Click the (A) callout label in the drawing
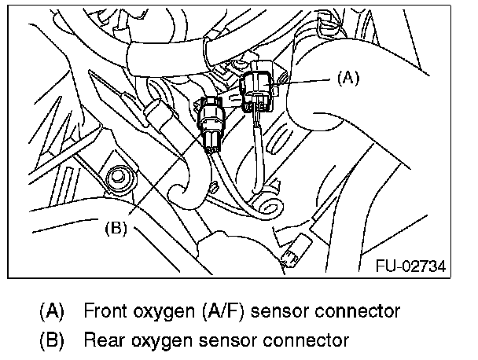(x=347, y=78)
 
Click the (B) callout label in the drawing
(x=116, y=229)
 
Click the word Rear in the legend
(x=103, y=340)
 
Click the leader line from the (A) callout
(x=311, y=79)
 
